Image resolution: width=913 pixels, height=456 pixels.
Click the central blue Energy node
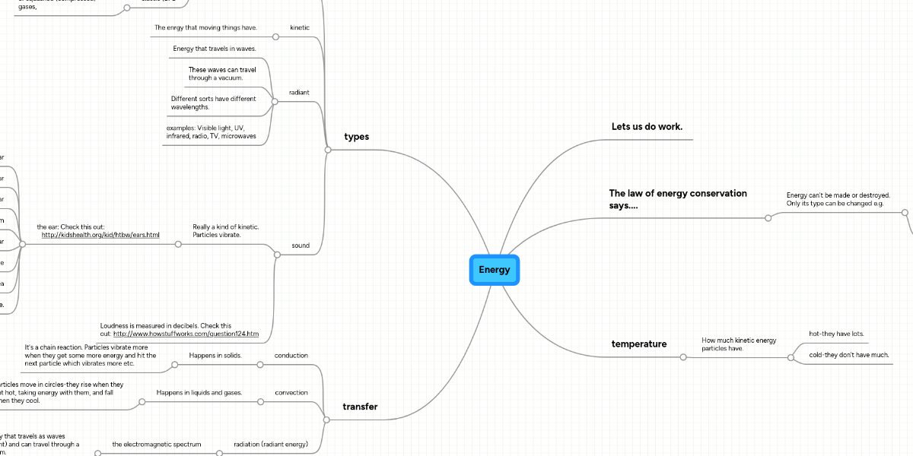pos(495,270)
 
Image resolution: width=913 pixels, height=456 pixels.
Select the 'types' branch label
pos(356,137)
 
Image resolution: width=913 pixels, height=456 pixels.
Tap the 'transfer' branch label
pos(360,407)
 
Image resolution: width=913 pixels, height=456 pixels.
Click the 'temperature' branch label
pos(639,344)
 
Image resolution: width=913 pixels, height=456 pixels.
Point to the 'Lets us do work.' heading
pos(647,126)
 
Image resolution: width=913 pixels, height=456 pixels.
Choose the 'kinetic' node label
pos(300,27)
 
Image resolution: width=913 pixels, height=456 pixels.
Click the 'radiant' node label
pos(299,93)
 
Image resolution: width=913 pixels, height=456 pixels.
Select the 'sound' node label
pos(301,245)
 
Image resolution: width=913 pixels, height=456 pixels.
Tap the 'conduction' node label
pos(291,355)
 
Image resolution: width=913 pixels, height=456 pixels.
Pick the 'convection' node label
pos(291,393)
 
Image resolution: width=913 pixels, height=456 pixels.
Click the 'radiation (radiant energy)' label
pos(271,444)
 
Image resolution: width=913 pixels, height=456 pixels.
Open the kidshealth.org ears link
pos(100,235)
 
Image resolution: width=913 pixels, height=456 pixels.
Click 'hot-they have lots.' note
pos(836,334)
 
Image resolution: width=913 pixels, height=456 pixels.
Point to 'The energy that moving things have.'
pos(205,27)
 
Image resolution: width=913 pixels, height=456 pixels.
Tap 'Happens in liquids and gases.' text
pos(199,393)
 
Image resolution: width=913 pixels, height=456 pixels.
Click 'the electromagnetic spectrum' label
pos(157,444)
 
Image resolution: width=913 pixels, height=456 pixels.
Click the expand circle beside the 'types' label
pos(328,150)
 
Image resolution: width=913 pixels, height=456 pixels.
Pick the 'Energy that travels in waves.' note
pos(215,49)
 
